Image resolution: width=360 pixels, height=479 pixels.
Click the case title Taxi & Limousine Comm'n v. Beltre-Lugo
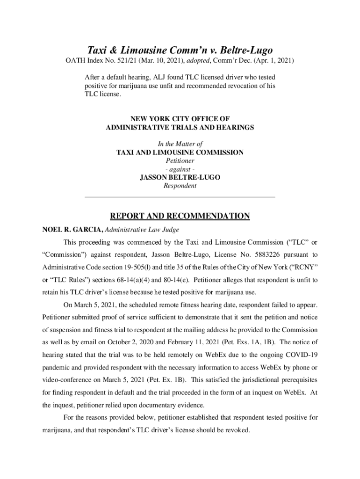coord(180,50)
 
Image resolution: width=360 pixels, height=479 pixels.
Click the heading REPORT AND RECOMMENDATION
coord(180,216)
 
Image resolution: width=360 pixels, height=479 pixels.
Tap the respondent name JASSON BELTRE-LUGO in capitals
coord(180,177)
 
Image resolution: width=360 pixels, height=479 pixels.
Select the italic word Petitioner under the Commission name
coord(180,160)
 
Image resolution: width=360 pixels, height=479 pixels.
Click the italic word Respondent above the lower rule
coord(180,186)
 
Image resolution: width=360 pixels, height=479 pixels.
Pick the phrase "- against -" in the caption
coord(180,169)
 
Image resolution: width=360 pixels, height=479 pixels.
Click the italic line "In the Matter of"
coord(180,144)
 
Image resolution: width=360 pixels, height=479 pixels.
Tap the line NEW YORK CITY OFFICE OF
coord(180,119)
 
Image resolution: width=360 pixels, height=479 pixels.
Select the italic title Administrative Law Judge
coord(143,230)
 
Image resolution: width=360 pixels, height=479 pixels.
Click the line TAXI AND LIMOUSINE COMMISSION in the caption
coord(180,152)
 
